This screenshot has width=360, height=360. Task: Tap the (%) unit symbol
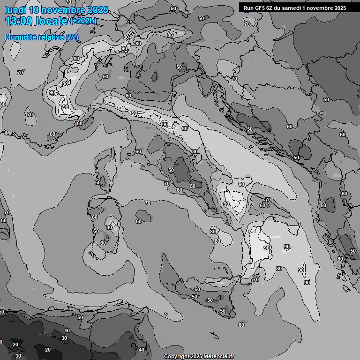72,37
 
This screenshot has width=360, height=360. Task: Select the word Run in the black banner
248,7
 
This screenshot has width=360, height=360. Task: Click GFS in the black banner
260,7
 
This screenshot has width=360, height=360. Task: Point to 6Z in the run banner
272,7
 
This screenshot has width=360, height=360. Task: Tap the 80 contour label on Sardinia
110,227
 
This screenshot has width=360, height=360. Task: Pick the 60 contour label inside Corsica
98,182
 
